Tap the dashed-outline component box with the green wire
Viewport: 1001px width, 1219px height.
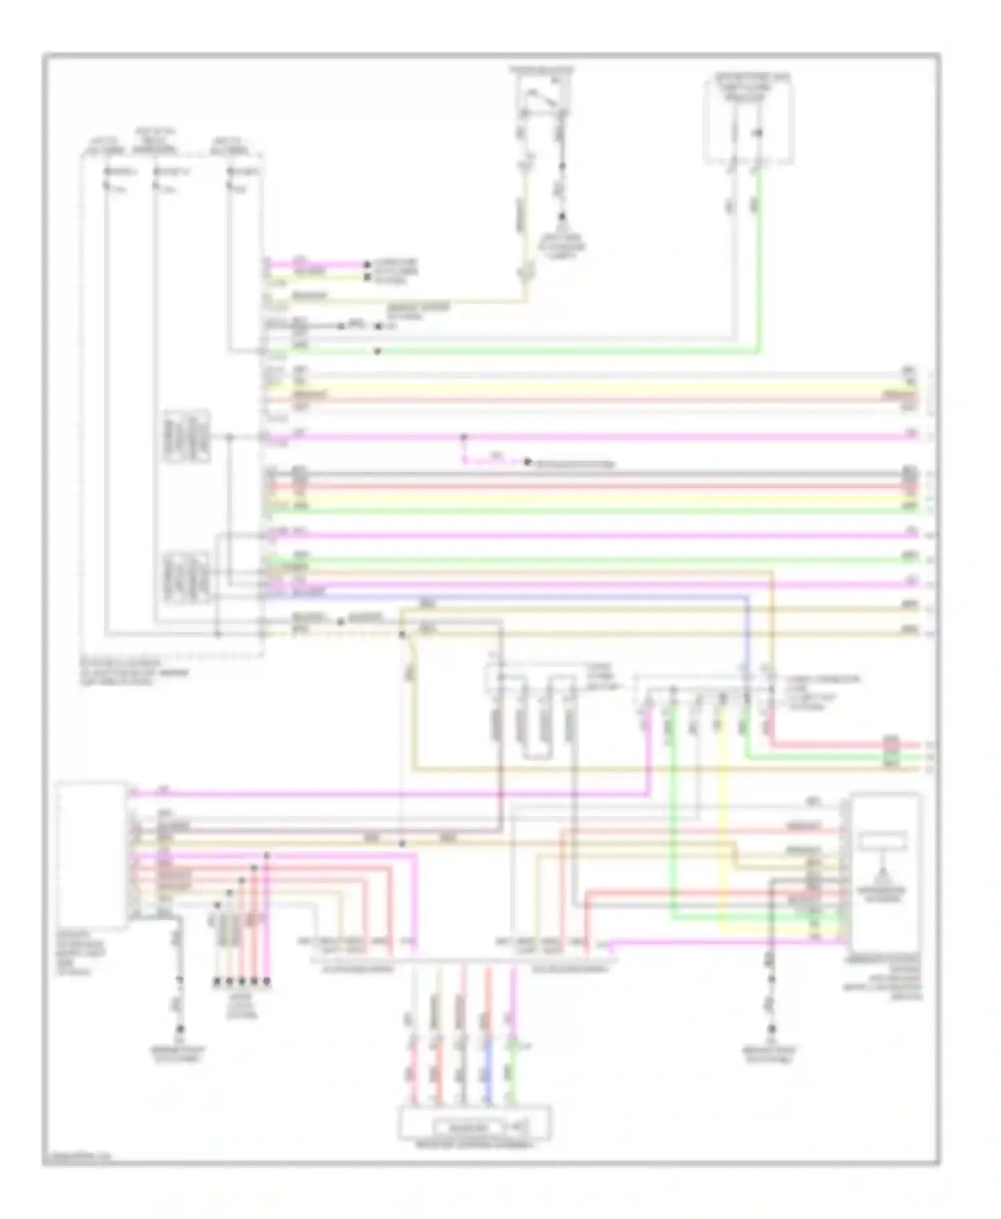tap(749, 120)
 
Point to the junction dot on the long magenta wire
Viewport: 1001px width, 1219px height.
tap(464, 437)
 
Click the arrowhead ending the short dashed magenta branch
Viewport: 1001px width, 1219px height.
tap(527, 462)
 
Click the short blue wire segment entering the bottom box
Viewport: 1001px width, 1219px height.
tap(488, 1070)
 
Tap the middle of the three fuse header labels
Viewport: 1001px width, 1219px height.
tap(155, 141)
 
